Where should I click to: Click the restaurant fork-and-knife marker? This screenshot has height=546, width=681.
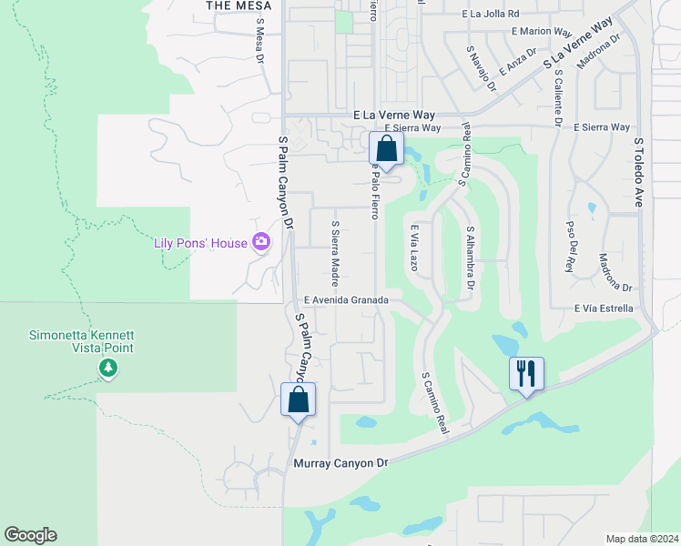coord(526,373)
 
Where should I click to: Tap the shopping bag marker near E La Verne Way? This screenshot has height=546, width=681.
coord(387,148)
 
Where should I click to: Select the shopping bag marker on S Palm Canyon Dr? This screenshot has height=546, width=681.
coord(299,399)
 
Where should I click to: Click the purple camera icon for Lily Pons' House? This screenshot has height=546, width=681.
coord(262,241)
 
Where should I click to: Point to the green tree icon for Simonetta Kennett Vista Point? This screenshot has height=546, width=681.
coord(108,368)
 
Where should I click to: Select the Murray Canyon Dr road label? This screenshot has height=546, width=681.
coord(340,463)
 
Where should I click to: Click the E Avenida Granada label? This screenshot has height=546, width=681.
coord(347,299)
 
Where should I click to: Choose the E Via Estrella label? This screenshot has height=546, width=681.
coord(604,308)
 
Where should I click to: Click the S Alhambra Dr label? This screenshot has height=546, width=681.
coord(471,258)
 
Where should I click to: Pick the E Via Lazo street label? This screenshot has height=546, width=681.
coord(412,248)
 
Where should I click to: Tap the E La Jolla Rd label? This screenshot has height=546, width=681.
coord(490,14)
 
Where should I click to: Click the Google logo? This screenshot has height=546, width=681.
coord(30,535)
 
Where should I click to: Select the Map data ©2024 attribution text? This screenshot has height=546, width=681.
coord(642,539)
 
